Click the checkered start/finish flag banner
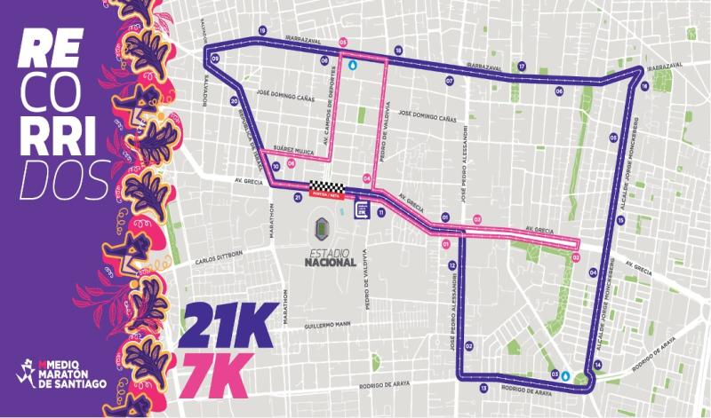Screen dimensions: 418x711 point(324,187)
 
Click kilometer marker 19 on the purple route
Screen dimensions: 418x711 point(262,31)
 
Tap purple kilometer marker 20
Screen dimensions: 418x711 point(232,100)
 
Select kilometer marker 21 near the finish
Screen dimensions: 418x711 point(298,199)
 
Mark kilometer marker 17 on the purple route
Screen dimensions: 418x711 point(522,66)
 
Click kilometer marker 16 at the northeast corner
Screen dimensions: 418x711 point(643,86)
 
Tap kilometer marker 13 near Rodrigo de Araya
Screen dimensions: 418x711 point(483,389)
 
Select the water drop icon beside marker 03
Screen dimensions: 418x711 point(566,375)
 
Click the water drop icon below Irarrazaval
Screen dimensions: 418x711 point(353,65)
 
